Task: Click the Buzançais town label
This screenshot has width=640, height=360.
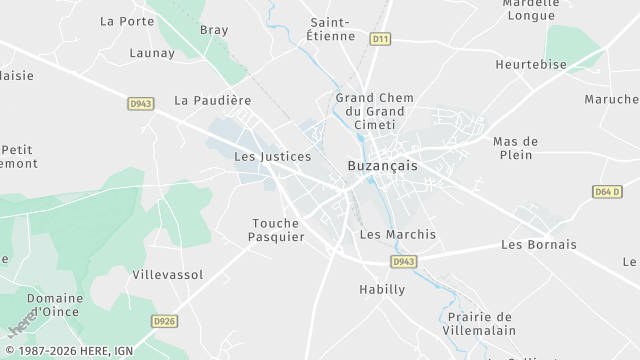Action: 382,165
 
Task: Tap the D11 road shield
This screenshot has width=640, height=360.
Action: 378,39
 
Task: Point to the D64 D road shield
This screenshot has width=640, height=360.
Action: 607,191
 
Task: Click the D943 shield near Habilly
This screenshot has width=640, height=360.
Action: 403,261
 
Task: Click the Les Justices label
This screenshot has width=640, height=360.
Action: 272,156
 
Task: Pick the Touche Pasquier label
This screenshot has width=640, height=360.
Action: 276,230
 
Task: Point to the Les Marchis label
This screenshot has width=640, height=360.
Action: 397,234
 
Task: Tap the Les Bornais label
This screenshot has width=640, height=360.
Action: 539,244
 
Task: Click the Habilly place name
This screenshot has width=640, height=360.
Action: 382,289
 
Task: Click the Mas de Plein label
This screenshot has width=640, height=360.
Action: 516,148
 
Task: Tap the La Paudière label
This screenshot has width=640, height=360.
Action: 212,100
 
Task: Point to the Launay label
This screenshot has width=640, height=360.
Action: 152,53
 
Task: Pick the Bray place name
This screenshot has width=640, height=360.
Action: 214,30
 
